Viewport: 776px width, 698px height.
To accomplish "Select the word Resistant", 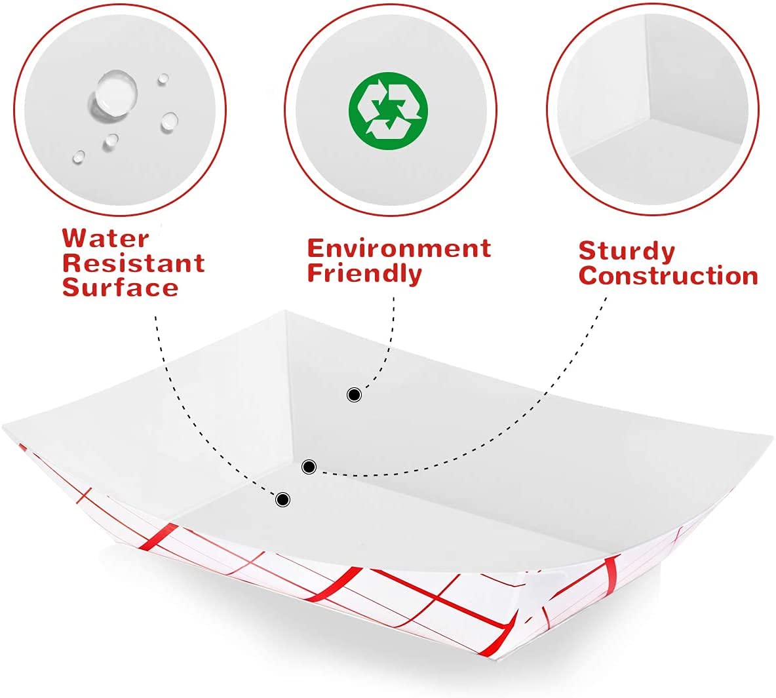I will pyautogui.click(x=134, y=263).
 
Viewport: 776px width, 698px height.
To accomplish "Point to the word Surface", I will pyautogui.click(x=121, y=288).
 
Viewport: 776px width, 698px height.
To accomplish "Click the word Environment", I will pyautogui.click(x=399, y=248).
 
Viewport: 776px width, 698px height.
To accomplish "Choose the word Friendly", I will pyautogui.click(x=364, y=273).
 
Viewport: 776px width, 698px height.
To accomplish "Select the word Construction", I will pyautogui.click(x=669, y=276).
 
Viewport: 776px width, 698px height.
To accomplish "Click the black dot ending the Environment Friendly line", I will pyautogui.click(x=354, y=395).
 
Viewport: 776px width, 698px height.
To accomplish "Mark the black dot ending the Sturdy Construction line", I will pyautogui.click(x=309, y=467).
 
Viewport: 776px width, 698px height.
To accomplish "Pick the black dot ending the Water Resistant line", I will pyautogui.click(x=282, y=499).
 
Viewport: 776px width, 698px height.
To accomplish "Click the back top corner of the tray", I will pyautogui.click(x=284, y=311).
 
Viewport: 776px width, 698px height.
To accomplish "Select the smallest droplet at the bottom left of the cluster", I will pyautogui.click(x=79, y=157).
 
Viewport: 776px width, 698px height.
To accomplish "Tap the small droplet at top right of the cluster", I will pyautogui.click(x=163, y=79).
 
